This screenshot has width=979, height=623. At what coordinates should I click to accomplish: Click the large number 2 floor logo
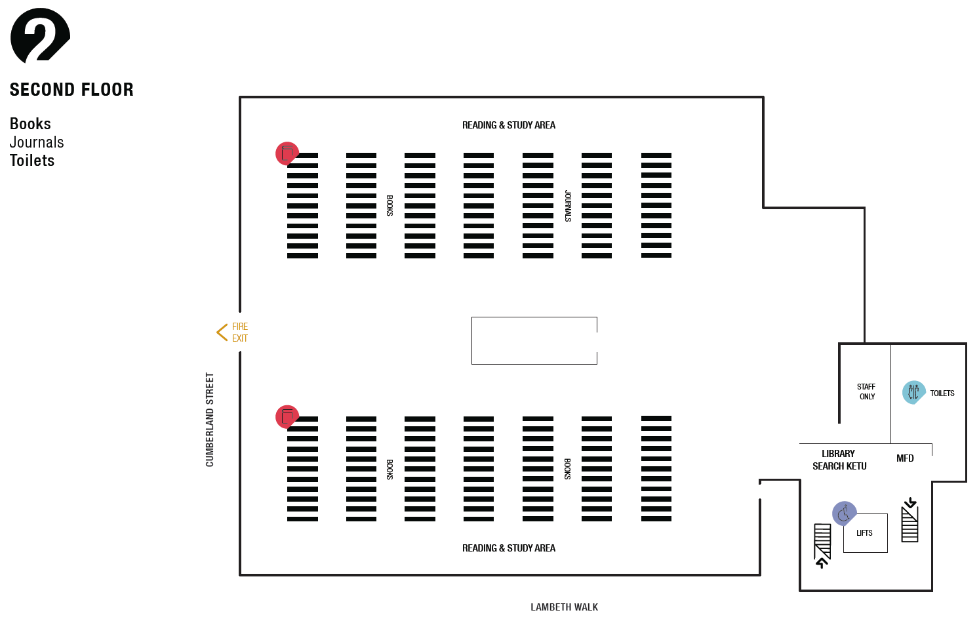point(40,36)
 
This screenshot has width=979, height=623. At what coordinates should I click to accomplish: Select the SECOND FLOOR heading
point(71,90)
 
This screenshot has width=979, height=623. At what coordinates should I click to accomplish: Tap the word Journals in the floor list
point(37,142)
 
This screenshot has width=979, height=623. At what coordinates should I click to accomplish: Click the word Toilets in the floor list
point(32,161)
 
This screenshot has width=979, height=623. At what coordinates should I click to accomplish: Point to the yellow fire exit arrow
point(222,332)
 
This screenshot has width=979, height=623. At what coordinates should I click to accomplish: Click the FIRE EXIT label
point(240,332)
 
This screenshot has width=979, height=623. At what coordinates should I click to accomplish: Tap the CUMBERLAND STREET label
point(210,420)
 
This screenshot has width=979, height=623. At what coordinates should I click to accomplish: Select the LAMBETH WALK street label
point(564,607)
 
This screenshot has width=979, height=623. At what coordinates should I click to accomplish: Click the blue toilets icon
point(913,392)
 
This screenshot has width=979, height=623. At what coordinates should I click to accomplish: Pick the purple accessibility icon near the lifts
point(844,513)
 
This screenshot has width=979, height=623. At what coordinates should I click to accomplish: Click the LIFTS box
point(865,533)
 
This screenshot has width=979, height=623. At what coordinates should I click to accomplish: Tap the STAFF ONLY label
point(866,392)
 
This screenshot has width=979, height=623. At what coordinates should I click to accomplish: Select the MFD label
point(905,458)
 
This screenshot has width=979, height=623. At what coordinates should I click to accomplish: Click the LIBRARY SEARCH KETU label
point(839,460)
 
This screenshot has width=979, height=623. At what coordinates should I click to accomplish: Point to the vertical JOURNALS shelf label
point(568,206)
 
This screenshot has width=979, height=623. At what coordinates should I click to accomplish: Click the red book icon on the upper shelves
point(287,153)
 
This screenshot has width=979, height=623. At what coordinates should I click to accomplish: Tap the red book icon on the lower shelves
point(287,416)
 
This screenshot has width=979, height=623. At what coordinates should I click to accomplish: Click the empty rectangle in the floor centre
point(534,340)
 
